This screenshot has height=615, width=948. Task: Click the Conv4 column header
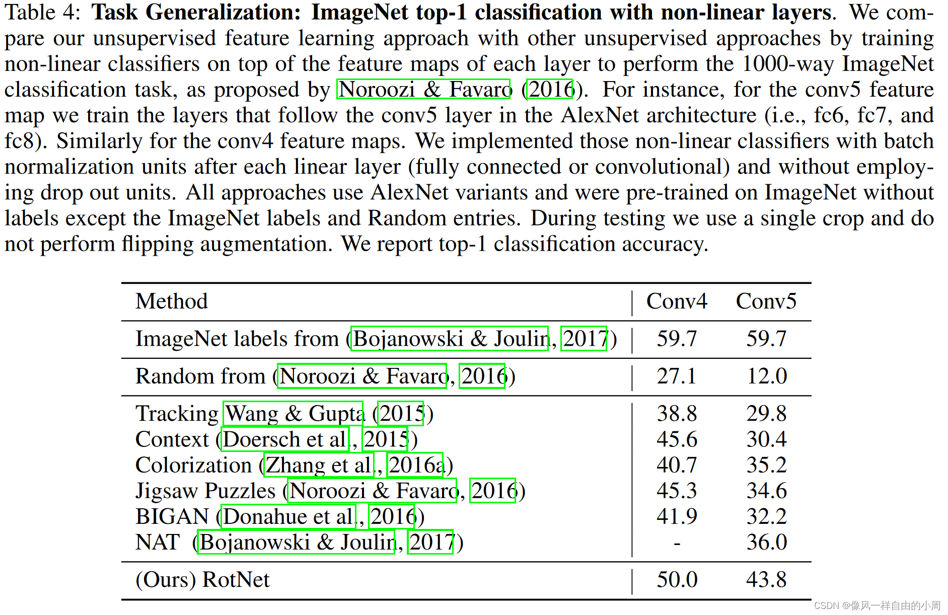pyautogui.click(x=677, y=301)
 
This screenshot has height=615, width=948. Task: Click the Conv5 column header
pyautogui.click(x=766, y=301)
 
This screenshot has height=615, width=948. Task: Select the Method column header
pyautogui.click(x=172, y=301)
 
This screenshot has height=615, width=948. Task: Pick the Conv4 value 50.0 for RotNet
pyautogui.click(x=677, y=580)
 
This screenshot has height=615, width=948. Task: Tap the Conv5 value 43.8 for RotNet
pyautogui.click(x=766, y=580)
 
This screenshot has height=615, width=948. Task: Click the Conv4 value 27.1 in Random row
pyautogui.click(x=677, y=376)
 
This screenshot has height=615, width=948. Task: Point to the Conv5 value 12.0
pyautogui.click(x=766, y=376)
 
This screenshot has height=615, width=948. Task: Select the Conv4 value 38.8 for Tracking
pyautogui.click(x=677, y=414)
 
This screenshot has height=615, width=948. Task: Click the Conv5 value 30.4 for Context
pyautogui.click(x=766, y=439)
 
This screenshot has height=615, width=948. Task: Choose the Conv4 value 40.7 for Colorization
pyautogui.click(x=677, y=465)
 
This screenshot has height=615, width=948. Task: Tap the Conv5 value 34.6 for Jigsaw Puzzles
pyautogui.click(x=766, y=491)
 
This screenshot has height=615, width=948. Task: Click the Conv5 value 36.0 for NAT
pyautogui.click(x=766, y=543)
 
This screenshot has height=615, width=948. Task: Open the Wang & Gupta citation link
pyautogui.click(x=294, y=414)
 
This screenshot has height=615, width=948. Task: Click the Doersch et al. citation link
pyautogui.click(x=285, y=439)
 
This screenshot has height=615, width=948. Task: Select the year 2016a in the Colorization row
pyautogui.click(x=415, y=465)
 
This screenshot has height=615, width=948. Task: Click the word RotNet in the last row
pyautogui.click(x=236, y=580)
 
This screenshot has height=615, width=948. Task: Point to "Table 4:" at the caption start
pyautogui.click(x=42, y=13)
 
